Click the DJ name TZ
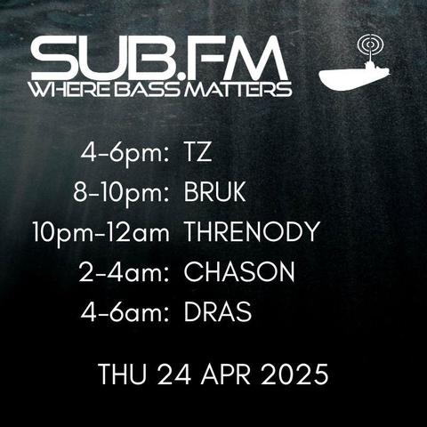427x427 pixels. pyautogui.click(x=197, y=153)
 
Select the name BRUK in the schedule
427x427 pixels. pyautogui.click(x=215, y=192)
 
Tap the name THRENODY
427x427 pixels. pyautogui.click(x=252, y=231)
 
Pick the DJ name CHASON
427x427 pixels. pyautogui.click(x=239, y=271)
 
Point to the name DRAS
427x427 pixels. pyautogui.click(x=218, y=312)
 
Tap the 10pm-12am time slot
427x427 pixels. pyautogui.click(x=101, y=233)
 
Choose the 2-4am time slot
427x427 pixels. pyautogui.click(x=124, y=271)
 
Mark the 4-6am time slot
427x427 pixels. pyautogui.click(x=125, y=312)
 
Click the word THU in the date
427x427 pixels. pyautogui.click(x=123, y=375)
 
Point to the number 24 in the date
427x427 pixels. pyautogui.click(x=174, y=375)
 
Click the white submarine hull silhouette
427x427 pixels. pyautogui.click(x=353, y=77)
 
